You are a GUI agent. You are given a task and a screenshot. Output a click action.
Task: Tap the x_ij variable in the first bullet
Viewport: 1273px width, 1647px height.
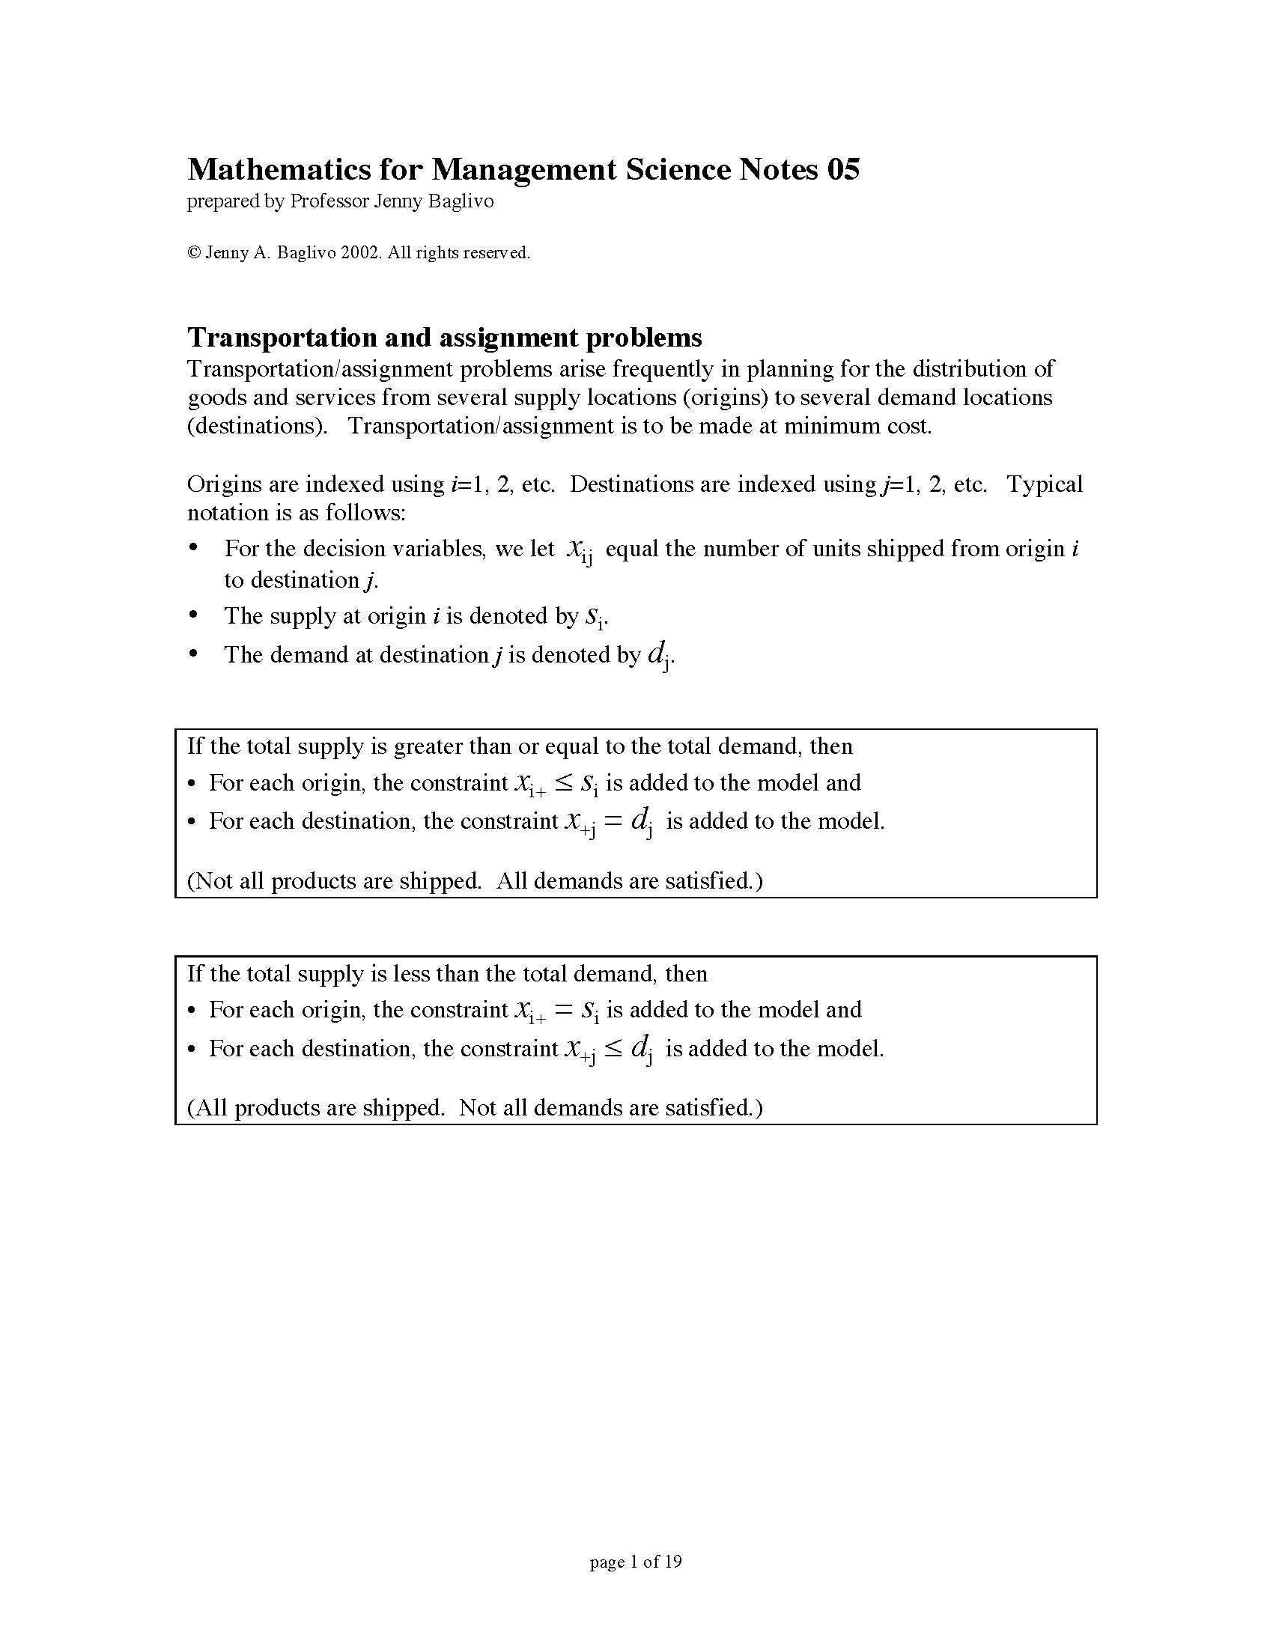(x=578, y=551)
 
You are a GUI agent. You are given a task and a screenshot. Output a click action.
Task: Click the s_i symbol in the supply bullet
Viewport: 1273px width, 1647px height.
(x=595, y=618)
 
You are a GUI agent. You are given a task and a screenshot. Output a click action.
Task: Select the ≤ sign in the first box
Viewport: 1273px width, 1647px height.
(x=564, y=785)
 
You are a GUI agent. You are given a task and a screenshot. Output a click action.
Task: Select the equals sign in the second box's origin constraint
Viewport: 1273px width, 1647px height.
(x=564, y=1011)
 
